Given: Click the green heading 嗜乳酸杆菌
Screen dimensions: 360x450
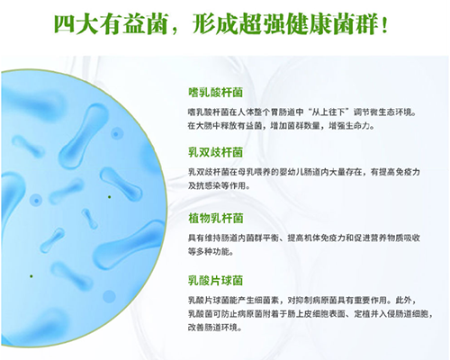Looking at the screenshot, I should (217, 91).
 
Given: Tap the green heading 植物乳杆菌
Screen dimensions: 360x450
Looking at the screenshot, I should (217, 217).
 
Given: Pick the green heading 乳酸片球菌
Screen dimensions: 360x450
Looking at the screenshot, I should (217, 280).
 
